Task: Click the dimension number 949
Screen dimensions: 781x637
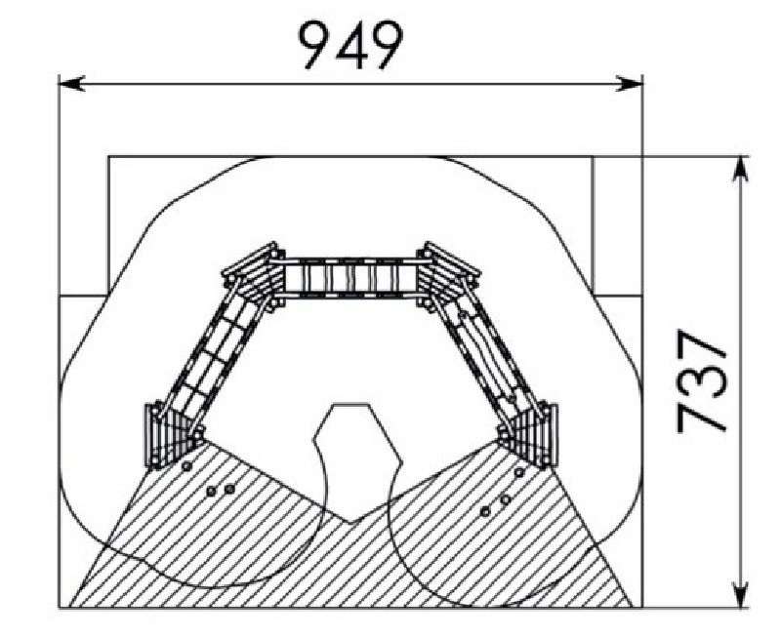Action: click(x=350, y=45)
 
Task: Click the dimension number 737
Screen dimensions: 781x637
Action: click(x=701, y=381)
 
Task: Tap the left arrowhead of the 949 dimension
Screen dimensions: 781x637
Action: click(x=71, y=83)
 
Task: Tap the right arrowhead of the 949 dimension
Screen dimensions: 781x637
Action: click(x=630, y=83)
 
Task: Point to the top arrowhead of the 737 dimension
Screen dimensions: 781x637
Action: click(x=741, y=170)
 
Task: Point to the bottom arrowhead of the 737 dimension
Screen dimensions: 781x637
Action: click(x=741, y=594)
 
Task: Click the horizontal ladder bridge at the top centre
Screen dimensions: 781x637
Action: click(x=350, y=278)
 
